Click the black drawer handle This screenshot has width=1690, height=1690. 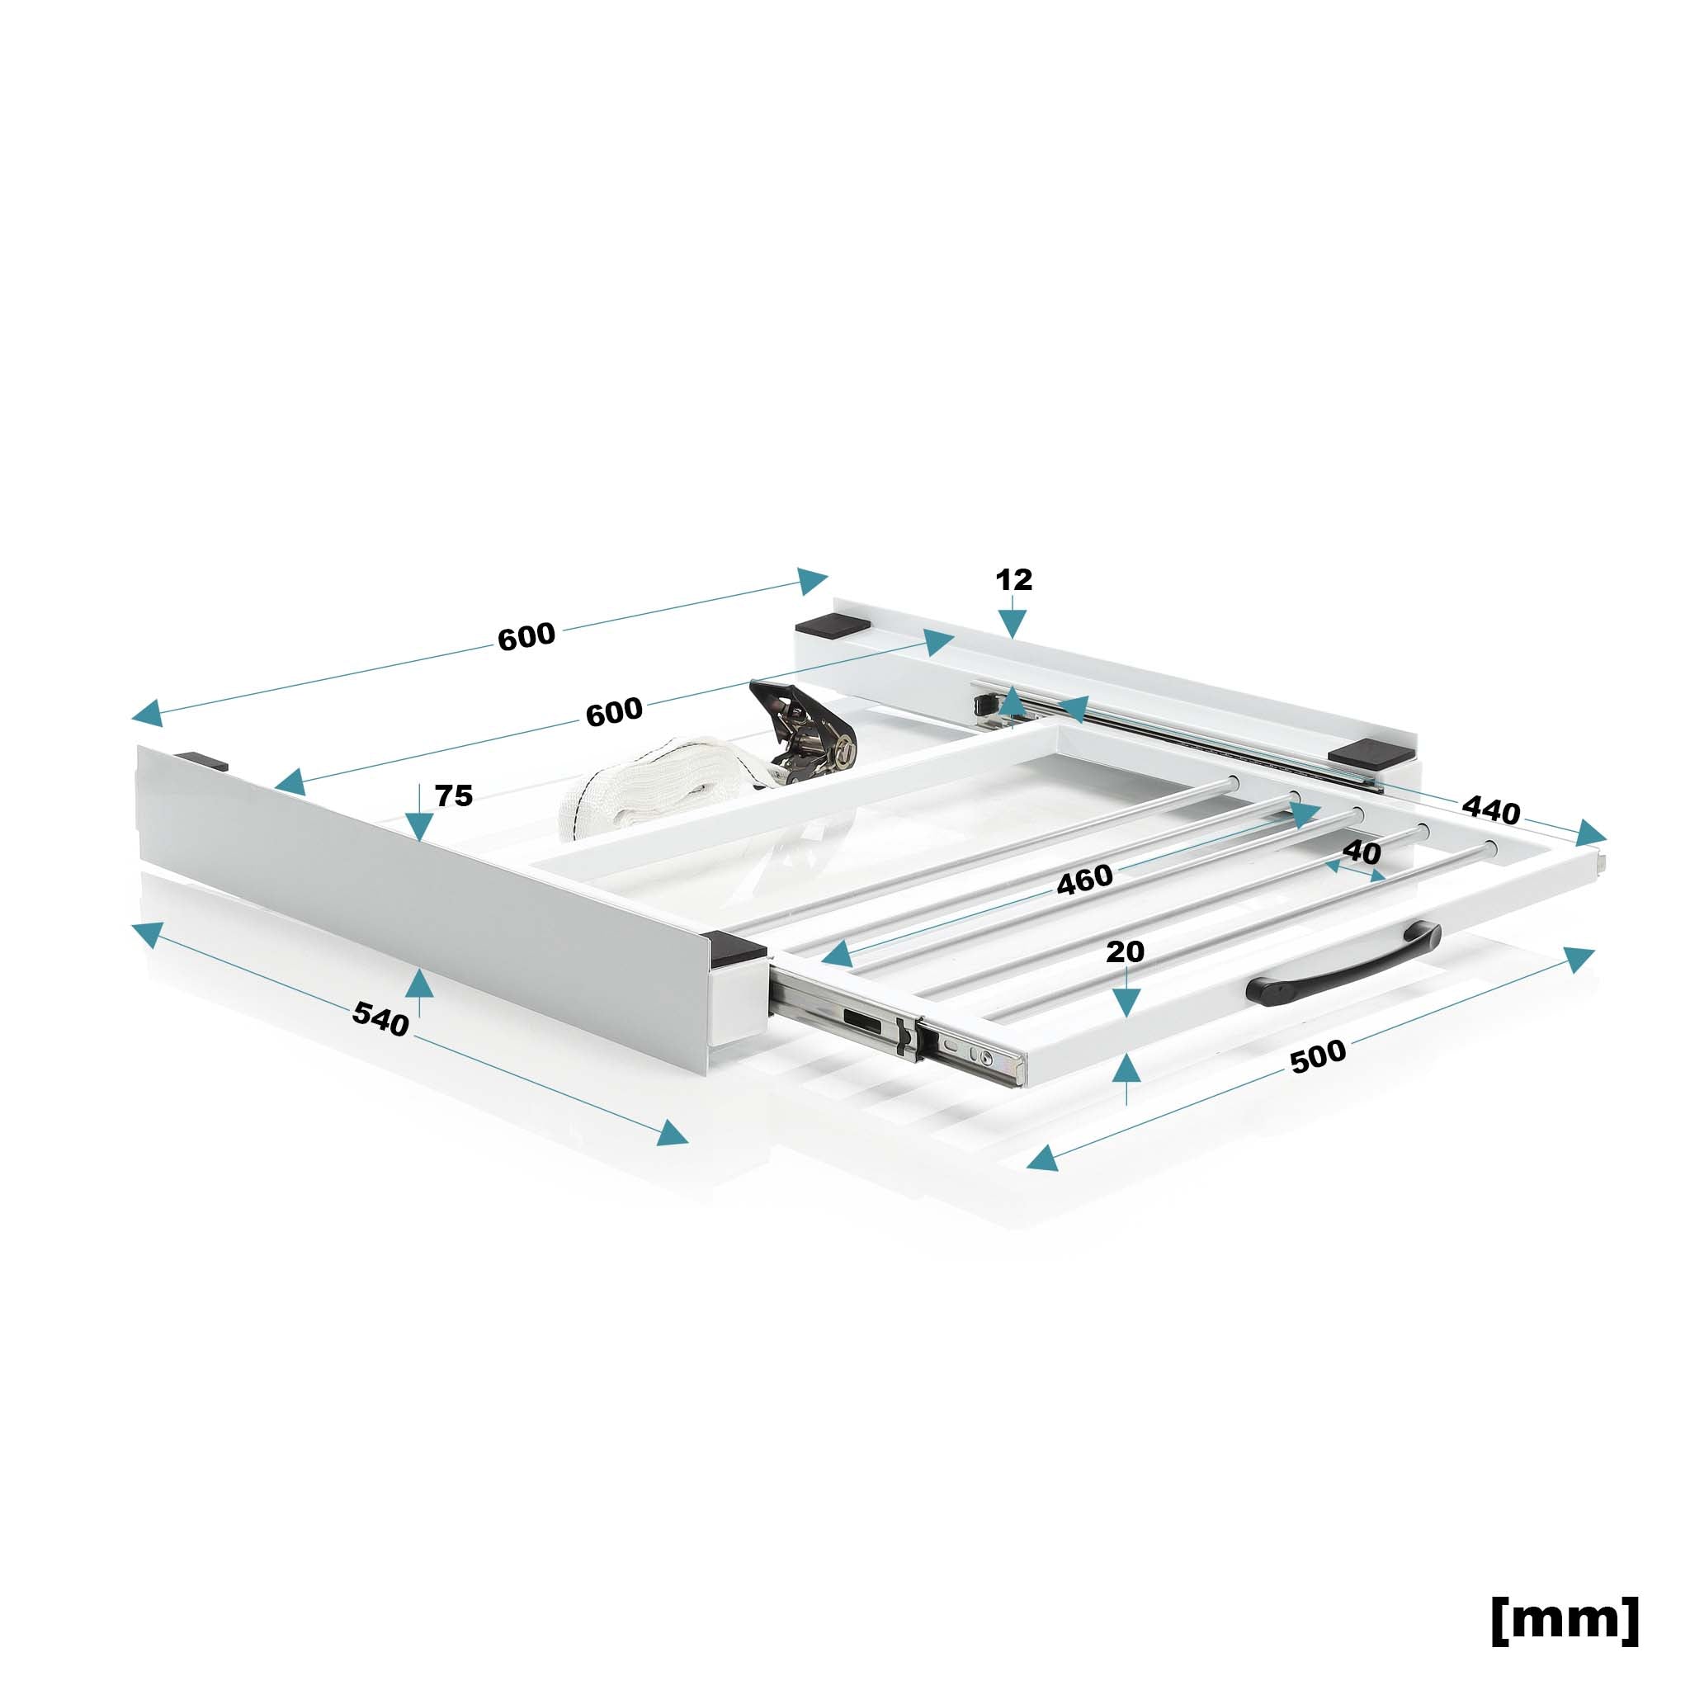1347,961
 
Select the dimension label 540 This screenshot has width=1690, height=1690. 380,1019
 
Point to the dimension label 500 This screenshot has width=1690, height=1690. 1318,1055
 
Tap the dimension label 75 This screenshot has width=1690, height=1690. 453,795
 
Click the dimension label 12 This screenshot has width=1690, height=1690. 1014,579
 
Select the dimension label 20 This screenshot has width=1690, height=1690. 1125,951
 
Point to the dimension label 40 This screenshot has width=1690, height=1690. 1361,852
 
